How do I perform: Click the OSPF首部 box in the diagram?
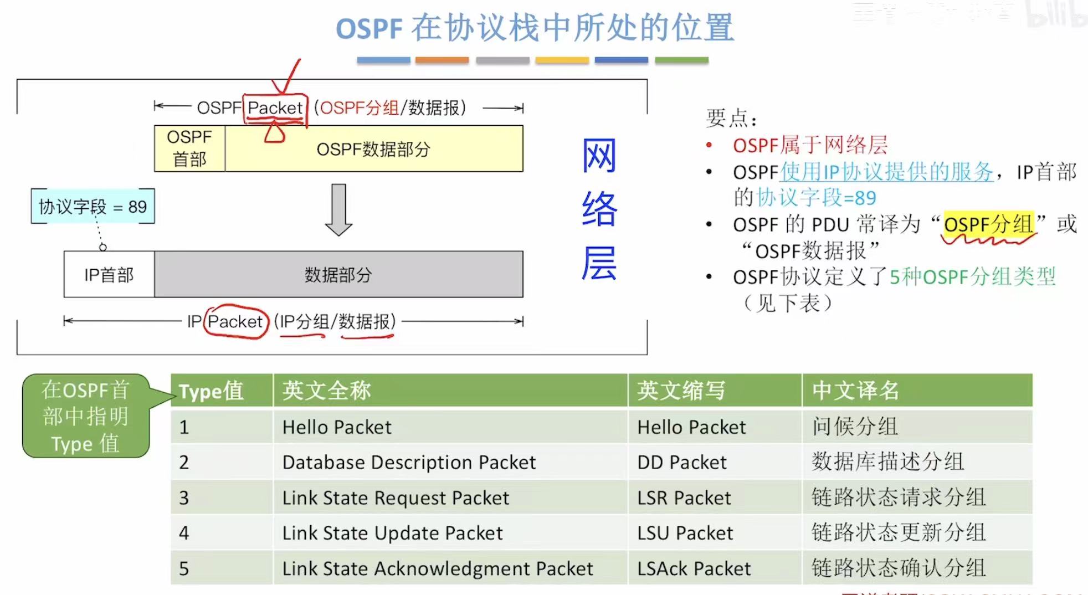(x=189, y=148)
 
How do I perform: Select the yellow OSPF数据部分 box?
(x=374, y=148)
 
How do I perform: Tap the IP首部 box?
(x=109, y=274)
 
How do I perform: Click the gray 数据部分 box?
(x=338, y=274)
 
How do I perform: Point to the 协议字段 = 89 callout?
(x=93, y=207)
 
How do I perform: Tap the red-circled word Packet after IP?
(x=235, y=321)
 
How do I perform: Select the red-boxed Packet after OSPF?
(x=275, y=107)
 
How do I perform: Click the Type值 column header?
(x=211, y=391)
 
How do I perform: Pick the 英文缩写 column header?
(x=681, y=391)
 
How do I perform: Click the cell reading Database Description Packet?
(x=409, y=462)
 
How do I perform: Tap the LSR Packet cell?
(x=684, y=497)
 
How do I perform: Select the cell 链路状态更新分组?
(x=899, y=532)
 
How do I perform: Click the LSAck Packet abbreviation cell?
(x=694, y=568)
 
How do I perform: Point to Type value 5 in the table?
(x=184, y=568)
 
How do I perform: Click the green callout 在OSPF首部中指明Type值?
(x=86, y=417)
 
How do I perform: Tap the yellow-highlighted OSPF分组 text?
(x=988, y=224)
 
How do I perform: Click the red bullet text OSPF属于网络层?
(x=810, y=145)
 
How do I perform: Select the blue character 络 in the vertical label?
(x=599, y=209)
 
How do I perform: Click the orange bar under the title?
(x=442, y=60)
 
